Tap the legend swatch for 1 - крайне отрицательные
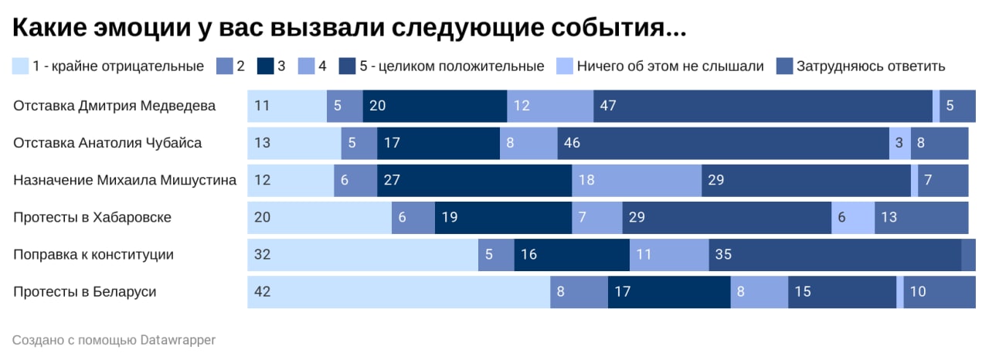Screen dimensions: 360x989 coord(21,66)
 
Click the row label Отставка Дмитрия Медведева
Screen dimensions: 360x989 coord(114,107)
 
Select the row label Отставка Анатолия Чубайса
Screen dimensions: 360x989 coord(107,144)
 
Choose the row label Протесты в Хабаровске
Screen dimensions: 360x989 coord(92,218)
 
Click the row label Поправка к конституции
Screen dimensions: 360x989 coord(93,255)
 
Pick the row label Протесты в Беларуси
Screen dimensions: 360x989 coord(85,292)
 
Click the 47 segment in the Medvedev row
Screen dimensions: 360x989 coord(763,107)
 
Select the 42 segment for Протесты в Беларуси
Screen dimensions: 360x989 coord(399,292)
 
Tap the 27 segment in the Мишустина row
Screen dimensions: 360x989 coord(474,181)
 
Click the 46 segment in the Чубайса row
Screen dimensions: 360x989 coord(723,144)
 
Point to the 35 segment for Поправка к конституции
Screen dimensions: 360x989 coord(835,255)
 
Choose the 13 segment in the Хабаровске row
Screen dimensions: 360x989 coord(921,218)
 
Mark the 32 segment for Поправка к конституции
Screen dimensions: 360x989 coord(362,255)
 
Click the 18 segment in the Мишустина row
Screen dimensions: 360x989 coord(637,181)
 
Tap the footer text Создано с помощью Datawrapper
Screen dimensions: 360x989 coord(114,340)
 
